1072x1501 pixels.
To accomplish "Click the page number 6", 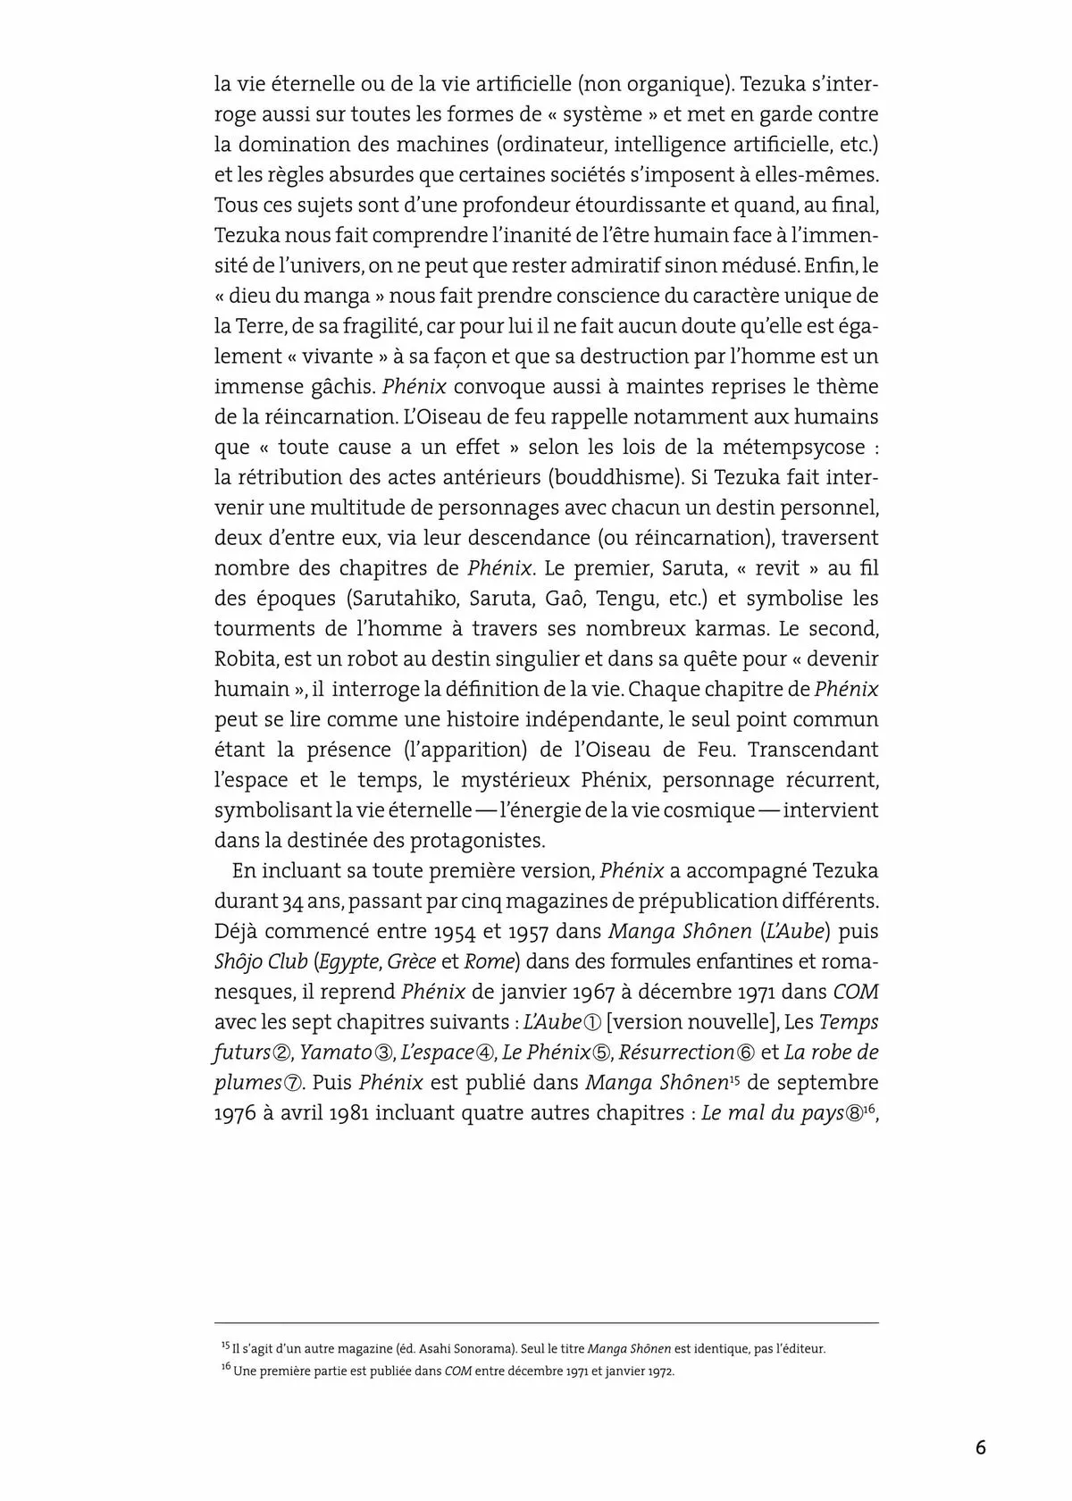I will (x=981, y=1448).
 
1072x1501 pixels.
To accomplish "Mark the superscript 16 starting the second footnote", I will (x=225, y=1370).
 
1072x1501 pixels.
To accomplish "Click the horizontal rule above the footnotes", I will (x=546, y=1323).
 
